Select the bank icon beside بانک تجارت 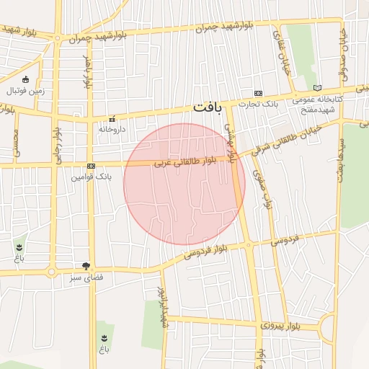[x=258, y=94]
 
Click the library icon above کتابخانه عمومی [x=318, y=88]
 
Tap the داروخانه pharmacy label [x=112, y=129]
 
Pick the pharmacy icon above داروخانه [x=112, y=119]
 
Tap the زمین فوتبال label [x=26, y=91]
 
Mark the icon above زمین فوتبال [x=26, y=79]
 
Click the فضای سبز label [x=86, y=277]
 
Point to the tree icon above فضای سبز [x=86, y=266]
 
